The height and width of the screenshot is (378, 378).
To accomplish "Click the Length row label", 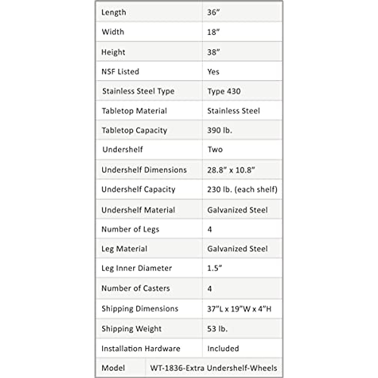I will point(114,13).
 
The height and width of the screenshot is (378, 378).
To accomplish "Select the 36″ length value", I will point(213,13).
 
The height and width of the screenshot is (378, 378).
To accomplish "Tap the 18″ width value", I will point(213,32).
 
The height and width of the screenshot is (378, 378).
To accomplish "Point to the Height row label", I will point(113,52).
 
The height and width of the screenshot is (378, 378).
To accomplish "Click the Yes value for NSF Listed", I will point(213,72).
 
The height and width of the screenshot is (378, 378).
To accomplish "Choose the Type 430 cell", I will point(224,91).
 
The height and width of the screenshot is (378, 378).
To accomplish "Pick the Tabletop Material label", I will point(135,111).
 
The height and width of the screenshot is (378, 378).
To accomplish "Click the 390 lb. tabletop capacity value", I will point(220,130).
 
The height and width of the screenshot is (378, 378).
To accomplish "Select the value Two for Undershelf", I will point(215,150).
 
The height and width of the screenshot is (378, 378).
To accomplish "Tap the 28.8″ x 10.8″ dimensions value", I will point(231,170).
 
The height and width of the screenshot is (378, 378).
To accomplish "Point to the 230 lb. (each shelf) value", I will point(242,190).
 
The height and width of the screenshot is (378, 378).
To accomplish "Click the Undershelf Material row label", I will point(138,210).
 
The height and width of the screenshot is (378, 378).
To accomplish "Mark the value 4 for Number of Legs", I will point(210,230).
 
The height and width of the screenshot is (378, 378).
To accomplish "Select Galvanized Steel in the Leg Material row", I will point(238,249).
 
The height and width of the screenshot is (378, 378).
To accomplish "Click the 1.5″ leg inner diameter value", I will point(215,268).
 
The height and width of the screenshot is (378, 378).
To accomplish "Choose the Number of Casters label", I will point(136,288).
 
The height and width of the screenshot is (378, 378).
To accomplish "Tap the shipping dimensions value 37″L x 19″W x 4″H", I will point(239,309).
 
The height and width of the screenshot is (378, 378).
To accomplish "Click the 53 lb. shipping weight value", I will point(217,329).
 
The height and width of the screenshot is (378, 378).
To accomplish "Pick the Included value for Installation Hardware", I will point(223,349).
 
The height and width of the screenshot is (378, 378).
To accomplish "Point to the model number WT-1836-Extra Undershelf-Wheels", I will point(214,368).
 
